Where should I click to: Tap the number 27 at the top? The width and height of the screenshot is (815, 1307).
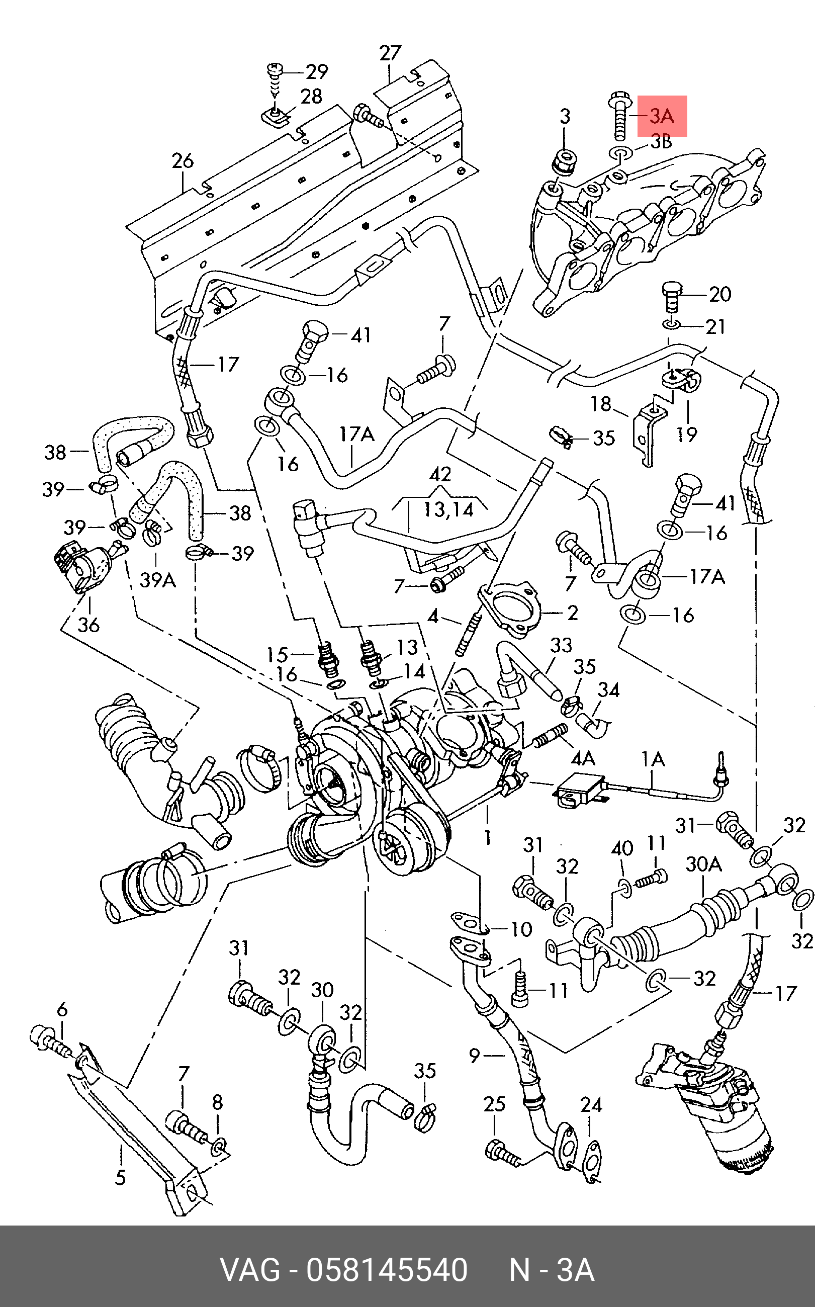pyautogui.click(x=390, y=53)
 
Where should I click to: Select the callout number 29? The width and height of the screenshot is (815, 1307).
pyautogui.click(x=317, y=72)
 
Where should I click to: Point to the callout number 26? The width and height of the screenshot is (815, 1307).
pyautogui.click(x=183, y=160)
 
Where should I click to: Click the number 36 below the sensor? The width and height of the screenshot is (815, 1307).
pyautogui.click(x=88, y=625)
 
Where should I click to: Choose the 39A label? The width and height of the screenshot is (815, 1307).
pyautogui.click(x=157, y=580)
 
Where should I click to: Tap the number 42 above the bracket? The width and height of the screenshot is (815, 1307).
pyautogui.click(x=440, y=474)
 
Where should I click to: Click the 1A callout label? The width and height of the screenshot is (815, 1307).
pyautogui.click(x=653, y=759)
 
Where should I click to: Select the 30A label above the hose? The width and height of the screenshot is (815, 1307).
pyautogui.click(x=703, y=864)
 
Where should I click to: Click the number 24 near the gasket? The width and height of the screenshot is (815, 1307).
pyautogui.click(x=591, y=1104)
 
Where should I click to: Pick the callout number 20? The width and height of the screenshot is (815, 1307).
pyautogui.click(x=719, y=294)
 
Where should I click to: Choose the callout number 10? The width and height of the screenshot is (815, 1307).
pyautogui.click(x=521, y=929)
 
